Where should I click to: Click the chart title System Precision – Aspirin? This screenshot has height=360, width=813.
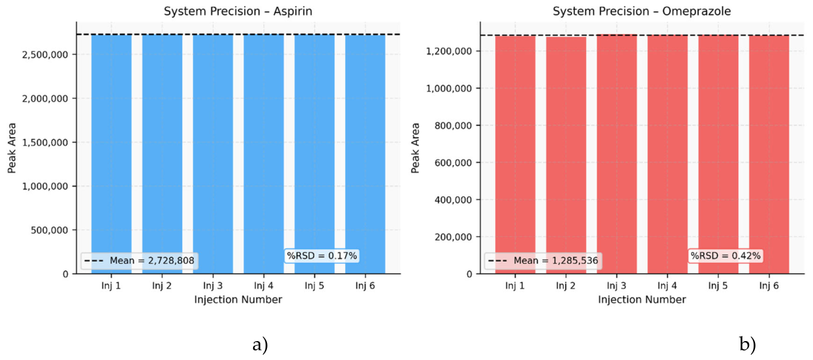click(238, 11)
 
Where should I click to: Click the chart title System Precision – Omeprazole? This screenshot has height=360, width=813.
click(641, 11)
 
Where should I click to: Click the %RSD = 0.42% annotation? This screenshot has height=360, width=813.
click(726, 256)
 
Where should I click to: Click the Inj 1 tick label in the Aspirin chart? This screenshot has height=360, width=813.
click(112, 286)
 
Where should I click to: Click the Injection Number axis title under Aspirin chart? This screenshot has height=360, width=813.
click(238, 299)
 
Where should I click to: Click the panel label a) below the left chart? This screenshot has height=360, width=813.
click(260, 344)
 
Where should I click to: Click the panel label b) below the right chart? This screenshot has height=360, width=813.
click(746, 344)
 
